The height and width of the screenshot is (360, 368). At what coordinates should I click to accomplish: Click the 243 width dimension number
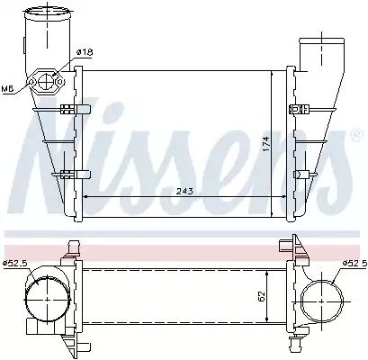coord(184,191)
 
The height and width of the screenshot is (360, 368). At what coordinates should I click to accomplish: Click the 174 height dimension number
coord(266,143)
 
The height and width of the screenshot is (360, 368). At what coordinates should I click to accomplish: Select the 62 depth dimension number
coord(262,296)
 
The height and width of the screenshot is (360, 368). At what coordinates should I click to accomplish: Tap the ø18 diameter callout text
coord(85,52)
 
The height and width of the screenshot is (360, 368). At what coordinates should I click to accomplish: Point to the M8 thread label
coord(8,88)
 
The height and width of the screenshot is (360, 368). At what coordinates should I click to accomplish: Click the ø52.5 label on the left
coord(15,264)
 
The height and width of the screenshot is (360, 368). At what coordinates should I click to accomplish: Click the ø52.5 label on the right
coord(355,264)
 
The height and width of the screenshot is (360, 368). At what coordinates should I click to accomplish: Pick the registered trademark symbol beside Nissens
coord(355,135)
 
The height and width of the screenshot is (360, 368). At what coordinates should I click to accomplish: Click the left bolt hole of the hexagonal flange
coord(31,81)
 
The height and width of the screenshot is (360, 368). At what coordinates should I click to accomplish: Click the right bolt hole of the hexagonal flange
coord(60,81)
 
